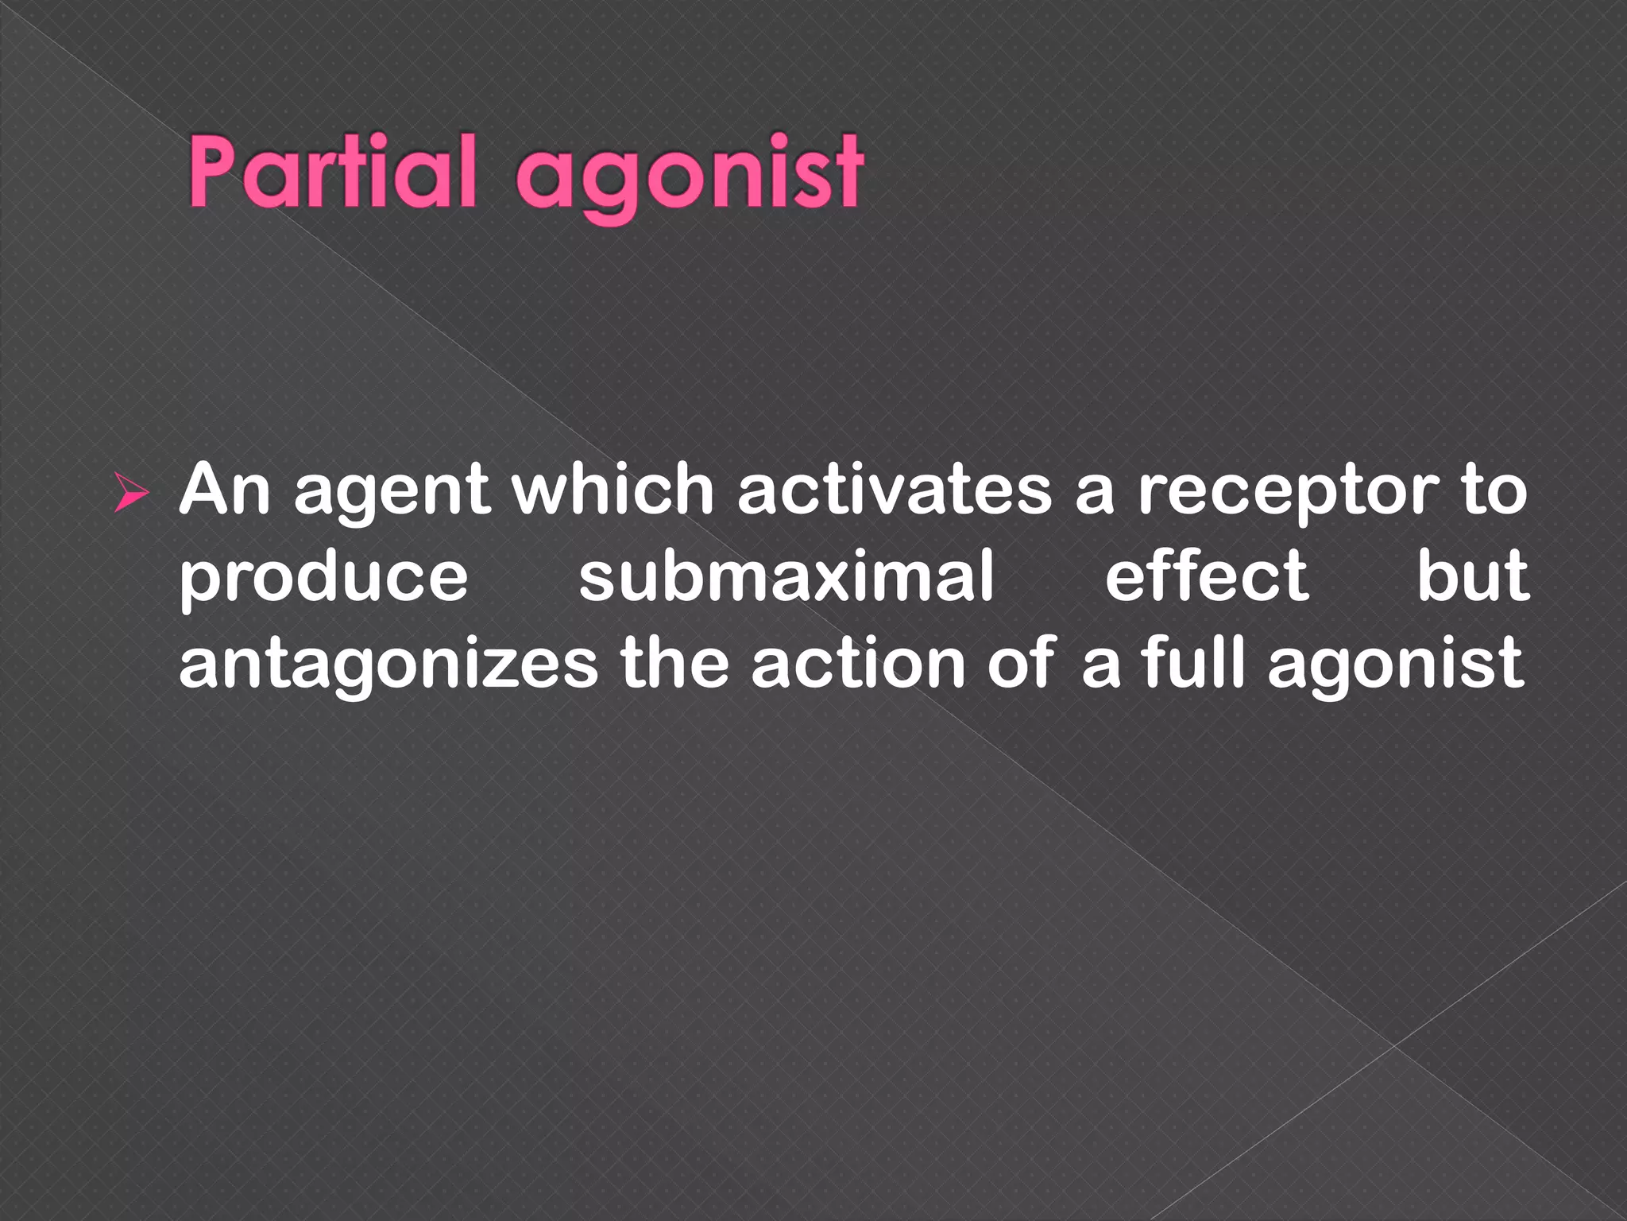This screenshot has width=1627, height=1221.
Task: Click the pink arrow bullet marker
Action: click(130, 492)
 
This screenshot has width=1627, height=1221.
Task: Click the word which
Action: click(613, 490)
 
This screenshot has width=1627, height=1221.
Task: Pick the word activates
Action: click(895, 490)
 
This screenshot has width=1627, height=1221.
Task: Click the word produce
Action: click(324, 579)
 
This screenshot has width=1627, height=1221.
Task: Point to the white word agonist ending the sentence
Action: click(1395, 666)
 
